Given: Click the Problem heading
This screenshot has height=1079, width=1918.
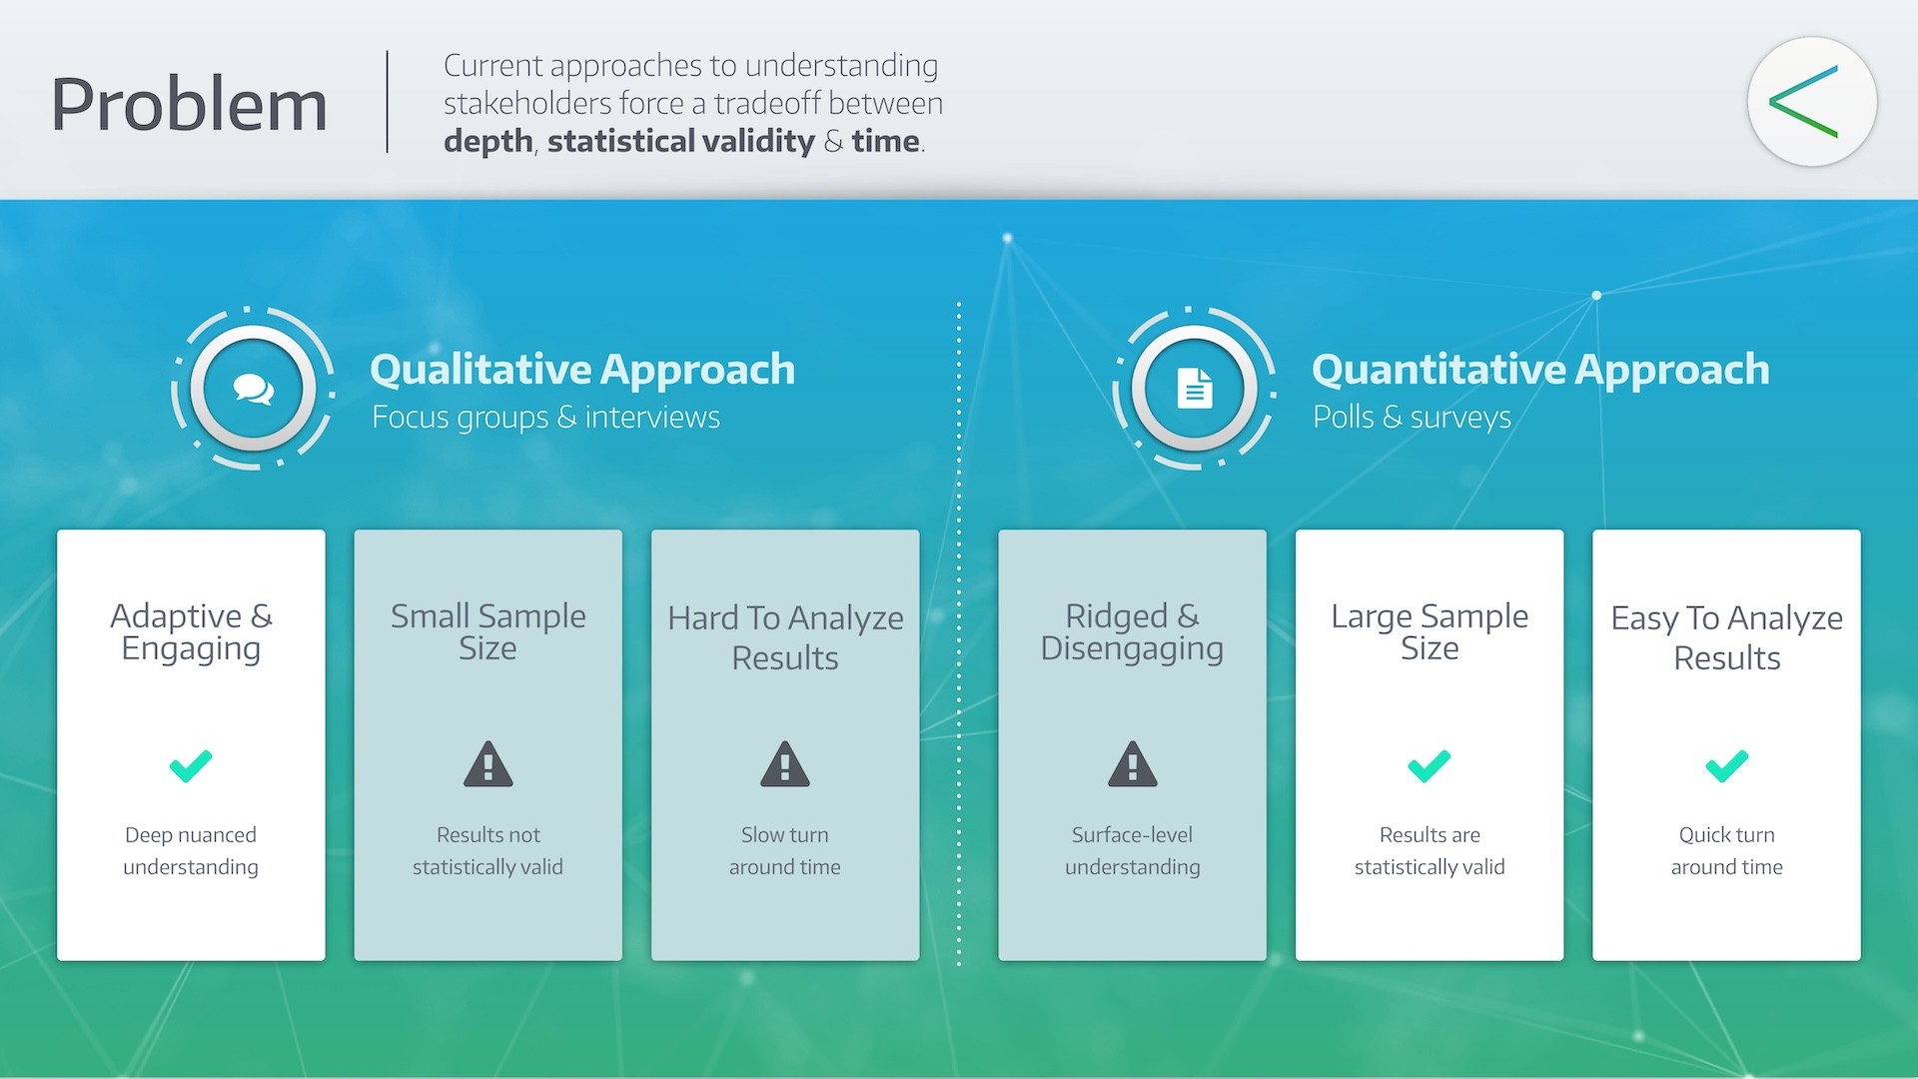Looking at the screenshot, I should click(x=189, y=104).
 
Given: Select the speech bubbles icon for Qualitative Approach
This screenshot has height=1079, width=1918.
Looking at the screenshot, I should click(x=254, y=389).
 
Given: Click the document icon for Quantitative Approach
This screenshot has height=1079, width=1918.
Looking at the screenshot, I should click(x=1195, y=389).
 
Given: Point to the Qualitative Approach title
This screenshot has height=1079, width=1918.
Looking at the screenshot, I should click(x=582, y=370).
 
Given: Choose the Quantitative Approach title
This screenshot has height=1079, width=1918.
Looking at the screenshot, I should click(x=1539, y=370).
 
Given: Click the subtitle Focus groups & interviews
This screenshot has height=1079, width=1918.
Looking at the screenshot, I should click(x=545, y=417).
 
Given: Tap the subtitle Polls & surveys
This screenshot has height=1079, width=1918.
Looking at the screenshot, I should click(x=1411, y=417).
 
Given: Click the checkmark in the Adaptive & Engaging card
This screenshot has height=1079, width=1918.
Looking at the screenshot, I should click(x=191, y=765).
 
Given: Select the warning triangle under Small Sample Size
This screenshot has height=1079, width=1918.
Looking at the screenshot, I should click(x=487, y=765).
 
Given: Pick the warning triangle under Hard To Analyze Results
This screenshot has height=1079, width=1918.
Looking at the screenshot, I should click(x=785, y=765).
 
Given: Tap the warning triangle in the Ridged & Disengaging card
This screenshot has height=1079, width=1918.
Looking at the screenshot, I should click(x=1132, y=765).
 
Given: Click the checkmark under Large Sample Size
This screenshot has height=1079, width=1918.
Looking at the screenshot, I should click(x=1429, y=765).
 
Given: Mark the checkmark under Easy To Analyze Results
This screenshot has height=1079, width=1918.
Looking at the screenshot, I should click(x=1726, y=765).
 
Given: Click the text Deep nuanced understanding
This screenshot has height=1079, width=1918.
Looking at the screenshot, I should click(x=191, y=850).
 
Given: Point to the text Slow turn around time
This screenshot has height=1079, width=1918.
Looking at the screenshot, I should click(x=785, y=850).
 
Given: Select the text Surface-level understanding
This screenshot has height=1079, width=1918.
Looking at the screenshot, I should click(x=1132, y=850).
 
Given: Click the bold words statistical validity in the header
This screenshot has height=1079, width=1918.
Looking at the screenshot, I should click(x=680, y=141).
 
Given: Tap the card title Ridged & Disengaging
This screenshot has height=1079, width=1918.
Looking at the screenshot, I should click(x=1132, y=631).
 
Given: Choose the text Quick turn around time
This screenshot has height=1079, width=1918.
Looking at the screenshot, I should click(x=1726, y=850).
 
